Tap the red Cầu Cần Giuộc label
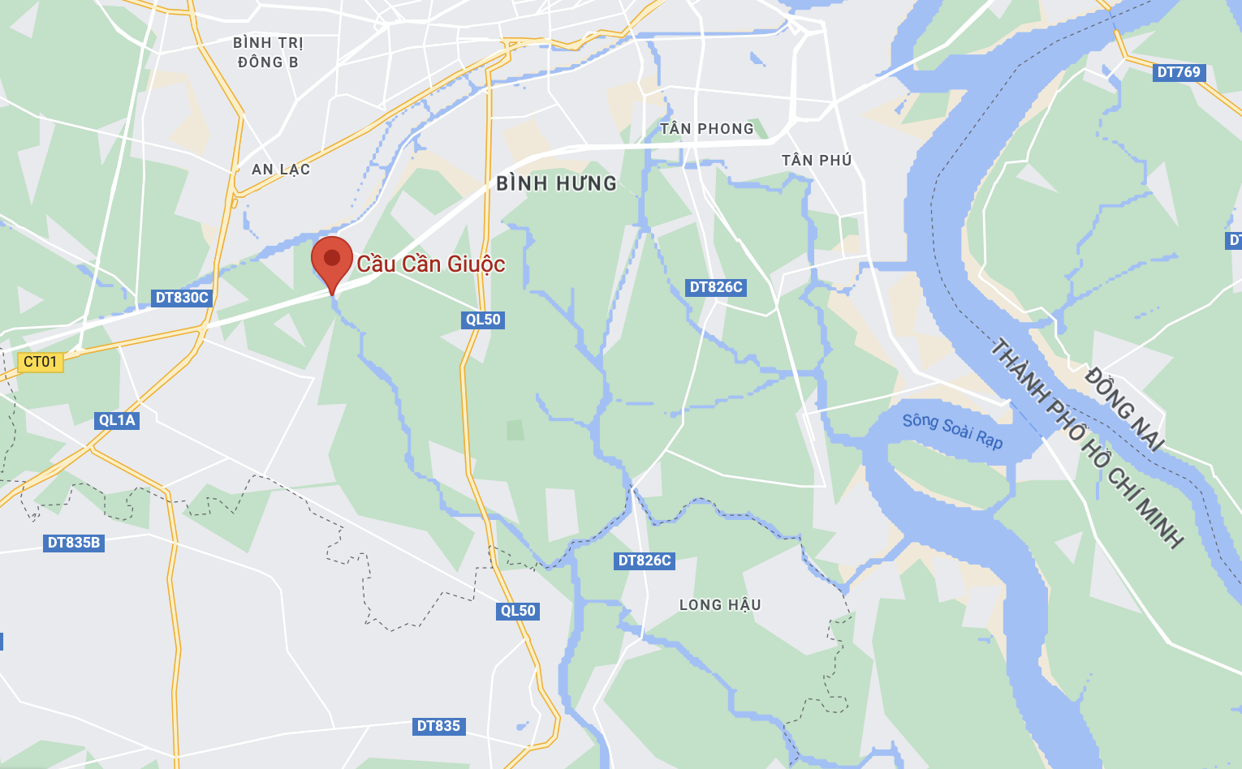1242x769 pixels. (431, 264)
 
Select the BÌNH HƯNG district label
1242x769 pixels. (557, 184)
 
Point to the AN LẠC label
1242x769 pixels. (281, 170)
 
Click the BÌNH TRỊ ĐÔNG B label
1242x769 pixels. (268, 53)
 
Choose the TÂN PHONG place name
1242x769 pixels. (707, 129)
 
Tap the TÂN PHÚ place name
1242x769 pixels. (817, 161)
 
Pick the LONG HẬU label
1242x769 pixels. (720, 605)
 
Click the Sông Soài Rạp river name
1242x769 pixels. (953, 431)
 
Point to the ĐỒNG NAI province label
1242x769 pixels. (1124, 409)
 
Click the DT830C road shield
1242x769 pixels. (182, 298)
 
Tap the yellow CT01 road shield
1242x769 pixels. (41, 362)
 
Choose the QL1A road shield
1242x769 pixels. (117, 420)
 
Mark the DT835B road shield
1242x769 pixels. (74, 543)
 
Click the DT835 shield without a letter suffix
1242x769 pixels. (438, 726)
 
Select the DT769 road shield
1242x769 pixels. (1179, 72)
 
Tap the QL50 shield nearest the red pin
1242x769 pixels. (483, 320)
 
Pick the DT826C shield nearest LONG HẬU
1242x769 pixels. (645, 561)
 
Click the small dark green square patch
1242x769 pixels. (515, 430)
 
